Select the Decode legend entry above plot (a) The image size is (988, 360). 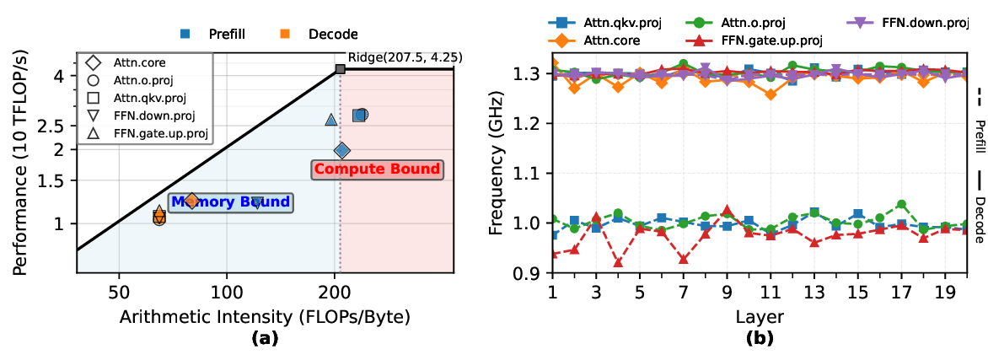point(320,35)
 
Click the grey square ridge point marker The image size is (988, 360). point(340,69)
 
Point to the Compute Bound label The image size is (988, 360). point(376,169)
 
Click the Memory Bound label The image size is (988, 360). point(231,202)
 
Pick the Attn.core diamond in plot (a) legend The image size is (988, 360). point(94,62)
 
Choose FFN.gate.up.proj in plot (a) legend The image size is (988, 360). point(94,133)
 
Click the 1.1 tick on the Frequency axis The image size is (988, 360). point(532,174)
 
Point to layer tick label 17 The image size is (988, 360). point(901,291)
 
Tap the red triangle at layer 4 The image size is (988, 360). point(618,262)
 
